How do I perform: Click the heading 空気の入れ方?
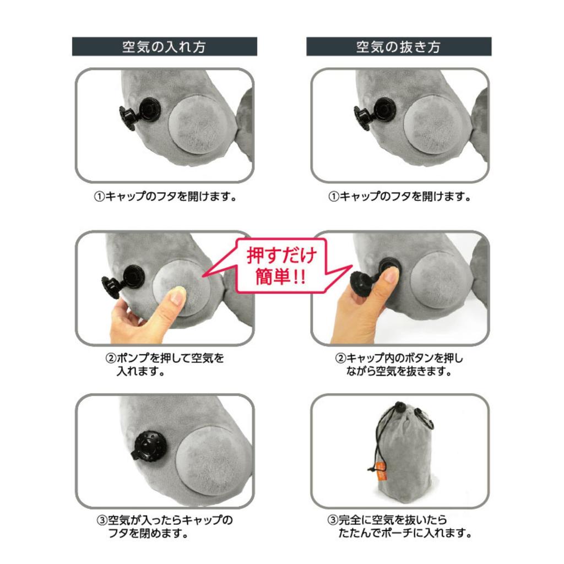point(164,47)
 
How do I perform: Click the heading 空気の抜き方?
point(399,47)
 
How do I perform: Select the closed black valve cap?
point(150,446)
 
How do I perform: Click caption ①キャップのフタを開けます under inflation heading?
point(165,197)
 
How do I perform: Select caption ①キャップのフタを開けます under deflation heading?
point(399,197)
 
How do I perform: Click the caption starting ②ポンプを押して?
point(164,365)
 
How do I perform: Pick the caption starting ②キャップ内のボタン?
point(399,365)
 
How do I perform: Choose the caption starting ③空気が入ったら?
point(164,526)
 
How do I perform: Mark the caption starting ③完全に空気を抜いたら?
point(399,526)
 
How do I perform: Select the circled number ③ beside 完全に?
point(333,520)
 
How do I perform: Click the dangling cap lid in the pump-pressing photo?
point(111,286)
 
